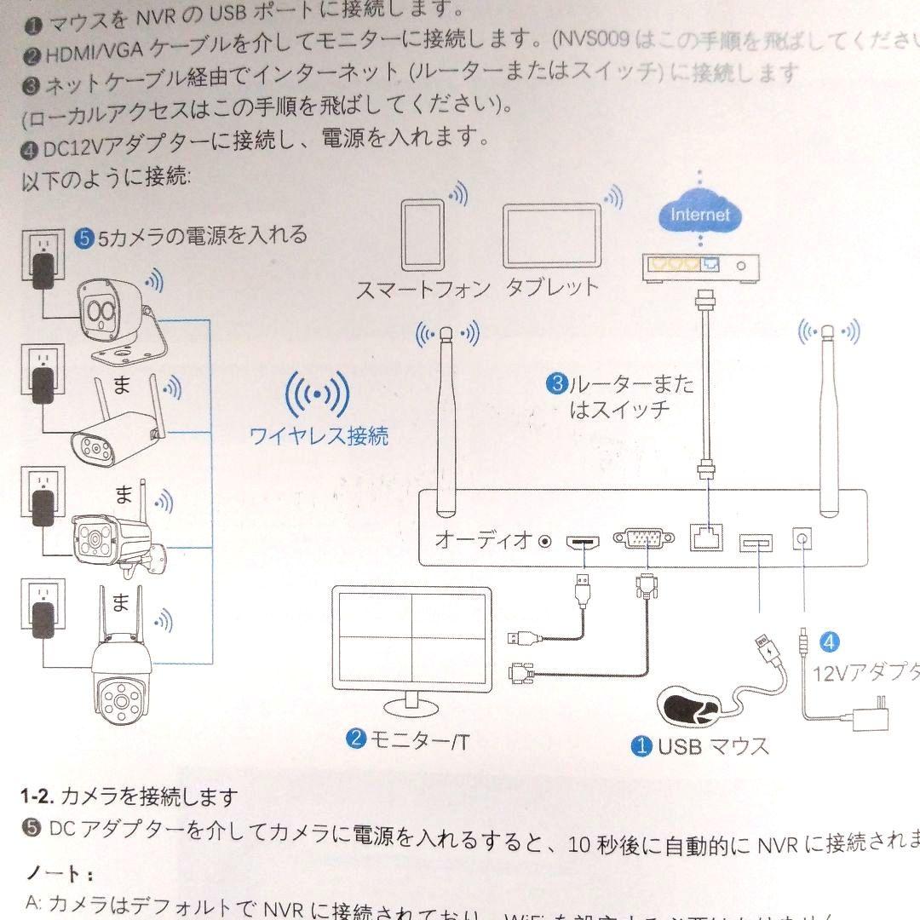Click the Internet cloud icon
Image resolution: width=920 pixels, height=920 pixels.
pyautogui.click(x=699, y=215)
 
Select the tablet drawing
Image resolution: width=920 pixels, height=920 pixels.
pyautogui.click(x=552, y=237)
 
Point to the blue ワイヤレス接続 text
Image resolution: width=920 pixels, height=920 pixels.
pyautogui.click(x=319, y=437)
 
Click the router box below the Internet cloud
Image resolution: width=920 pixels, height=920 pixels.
pyautogui.click(x=699, y=266)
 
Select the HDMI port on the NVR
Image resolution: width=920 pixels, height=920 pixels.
pyautogui.click(x=584, y=541)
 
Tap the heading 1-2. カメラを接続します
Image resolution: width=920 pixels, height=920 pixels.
pyautogui.click(x=129, y=797)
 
